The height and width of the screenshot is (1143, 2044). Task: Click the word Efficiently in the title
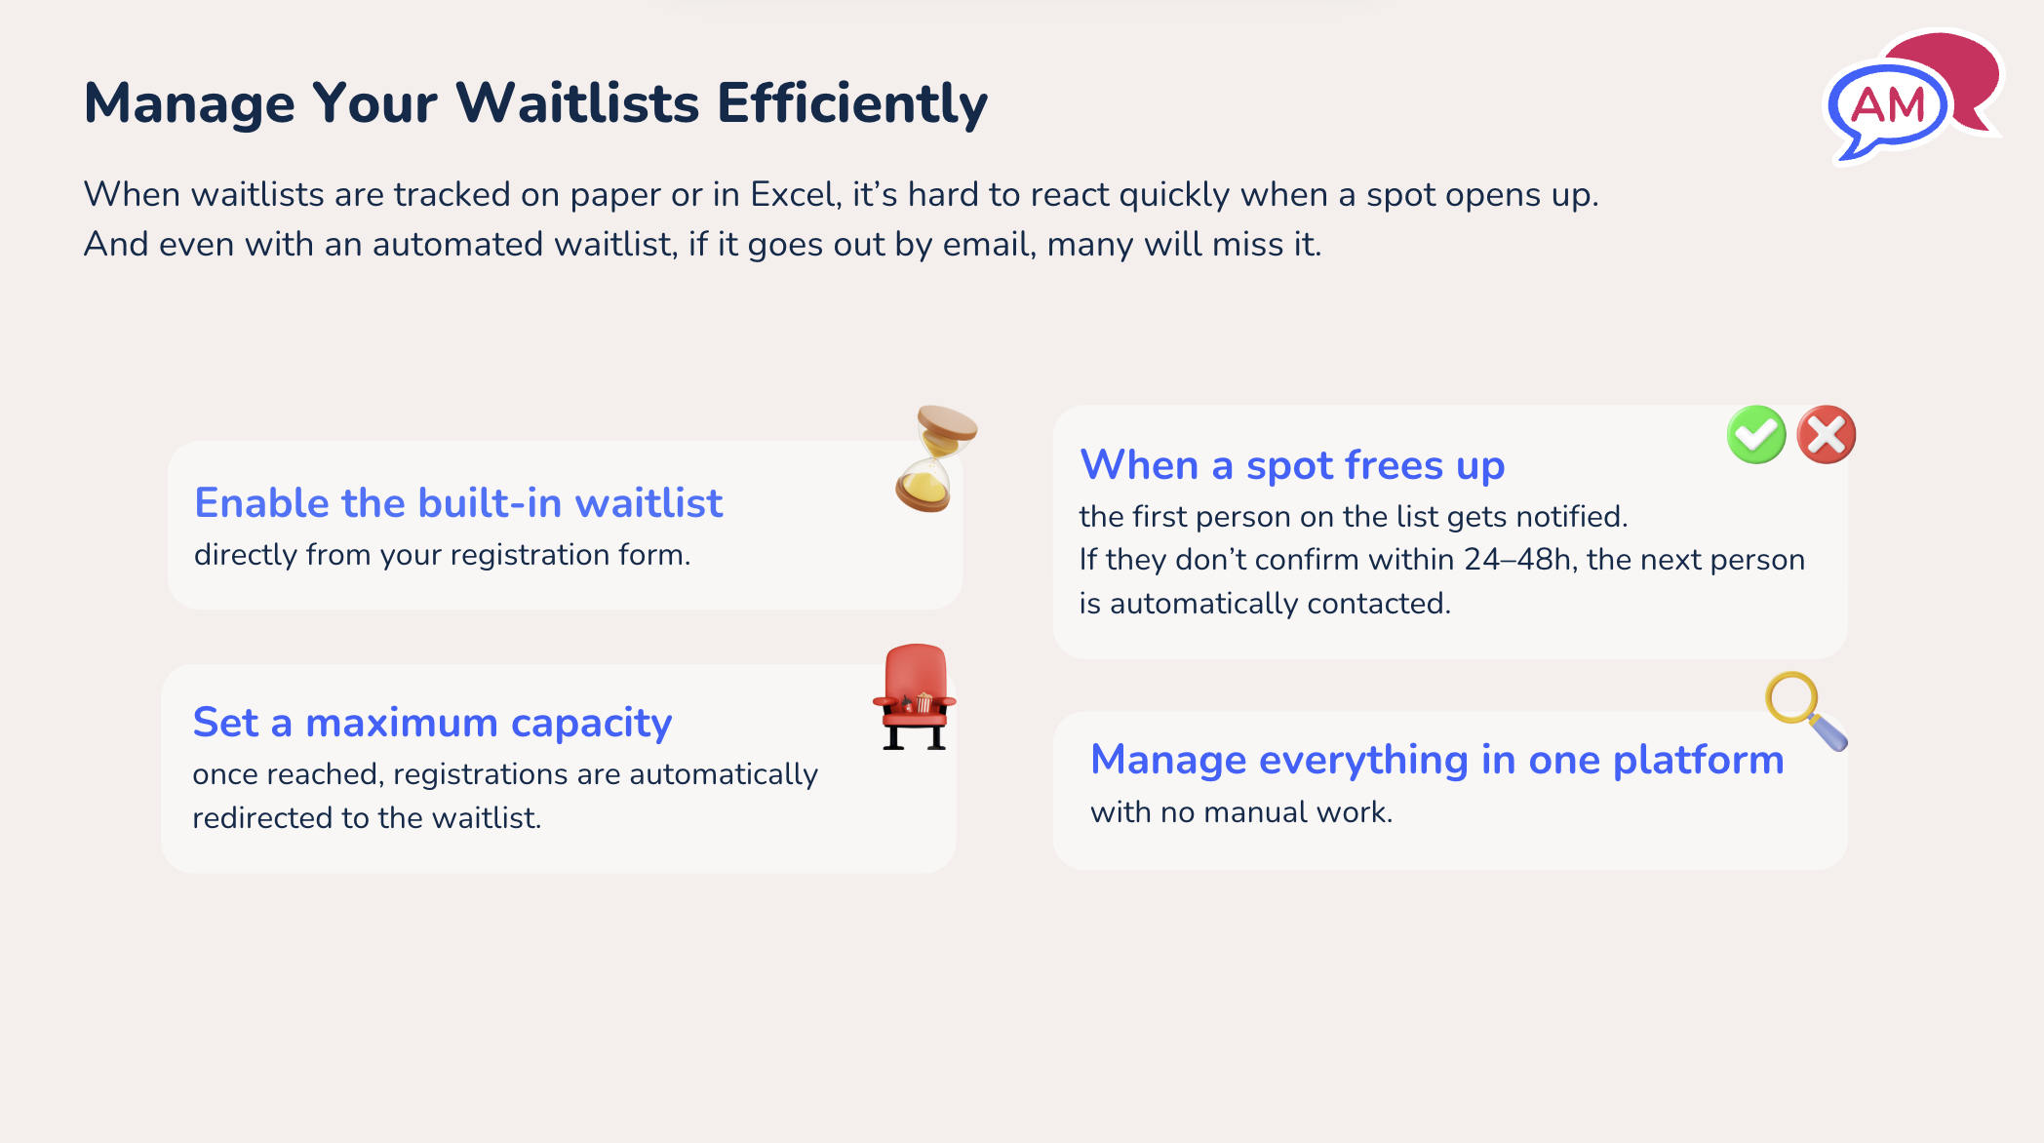[851, 103]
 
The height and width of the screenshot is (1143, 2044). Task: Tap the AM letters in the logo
[1887, 104]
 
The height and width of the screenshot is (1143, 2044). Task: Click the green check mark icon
[1755, 435]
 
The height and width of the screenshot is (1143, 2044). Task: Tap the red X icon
[1827, 435]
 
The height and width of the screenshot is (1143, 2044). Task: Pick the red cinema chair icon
[915, 696]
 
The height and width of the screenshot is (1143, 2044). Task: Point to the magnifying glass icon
[1803, 710]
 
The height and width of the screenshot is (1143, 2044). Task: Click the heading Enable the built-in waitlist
[458, 503]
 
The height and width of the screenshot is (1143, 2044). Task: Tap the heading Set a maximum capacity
[432, 723]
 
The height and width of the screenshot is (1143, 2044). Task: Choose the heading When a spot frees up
[1292, 465]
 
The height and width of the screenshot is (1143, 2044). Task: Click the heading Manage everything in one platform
[1436, 760]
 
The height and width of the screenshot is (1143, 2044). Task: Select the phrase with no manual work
[1240, 812]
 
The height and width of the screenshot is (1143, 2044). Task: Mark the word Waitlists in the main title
[577, 103]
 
